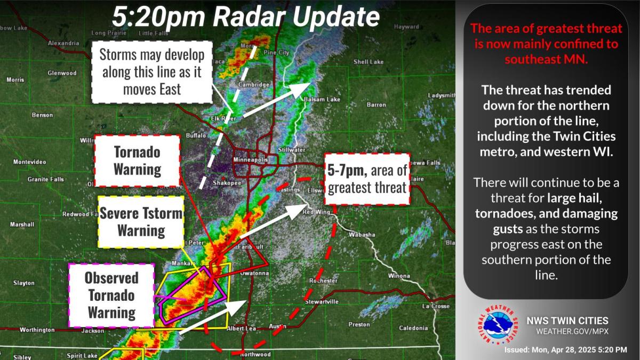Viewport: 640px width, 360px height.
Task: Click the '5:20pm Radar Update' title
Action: coord(245,17)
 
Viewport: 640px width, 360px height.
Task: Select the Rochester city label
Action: coord(324,281)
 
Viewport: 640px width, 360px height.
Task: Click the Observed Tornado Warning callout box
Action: coord(111,294)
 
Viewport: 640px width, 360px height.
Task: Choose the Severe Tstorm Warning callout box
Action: coord(141,222)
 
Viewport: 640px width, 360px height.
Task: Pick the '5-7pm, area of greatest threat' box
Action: coord(367,179)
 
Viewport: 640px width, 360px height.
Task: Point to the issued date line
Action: coord(565,350)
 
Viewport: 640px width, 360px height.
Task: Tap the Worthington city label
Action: coord(37,330)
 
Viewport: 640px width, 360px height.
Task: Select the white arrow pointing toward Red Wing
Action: coord(270,222)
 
